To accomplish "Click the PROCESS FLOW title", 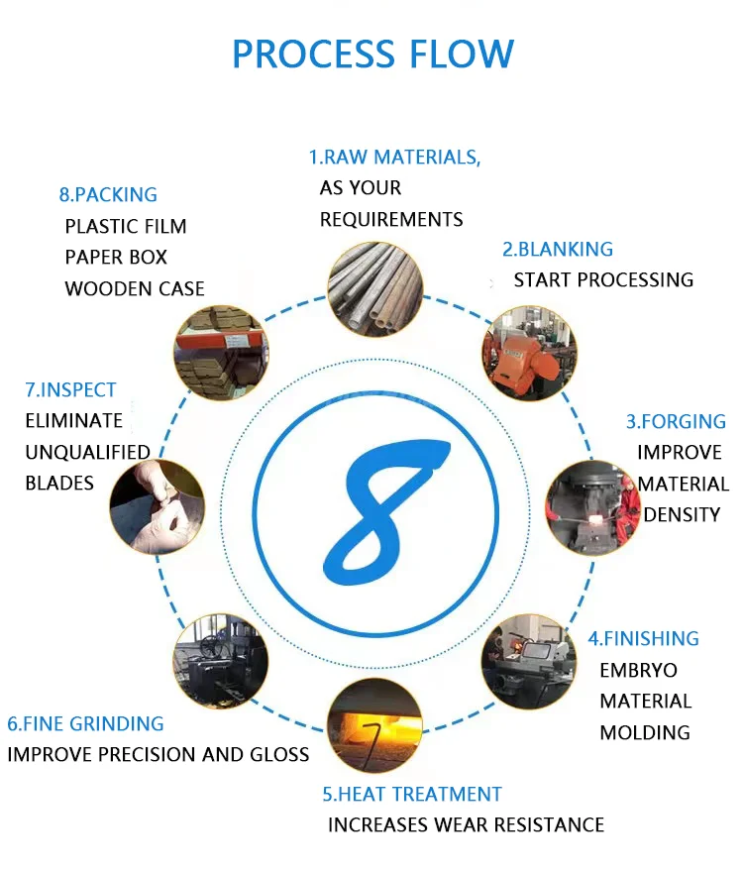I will (372, 54).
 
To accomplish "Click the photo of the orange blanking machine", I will (528, 352).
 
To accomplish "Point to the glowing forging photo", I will (593, 505).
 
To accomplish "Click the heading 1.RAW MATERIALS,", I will (394, 157).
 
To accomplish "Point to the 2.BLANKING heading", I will (558, 249).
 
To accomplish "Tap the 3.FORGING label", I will (676, 421).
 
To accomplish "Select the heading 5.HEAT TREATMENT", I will (412, 794).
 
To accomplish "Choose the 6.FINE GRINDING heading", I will (85, 723).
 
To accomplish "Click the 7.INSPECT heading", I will (70, 389).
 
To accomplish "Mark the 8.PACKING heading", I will (108, 194).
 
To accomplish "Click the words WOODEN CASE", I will (135, 288).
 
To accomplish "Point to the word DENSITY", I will (682, 514).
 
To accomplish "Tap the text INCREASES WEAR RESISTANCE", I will (466, 824).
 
